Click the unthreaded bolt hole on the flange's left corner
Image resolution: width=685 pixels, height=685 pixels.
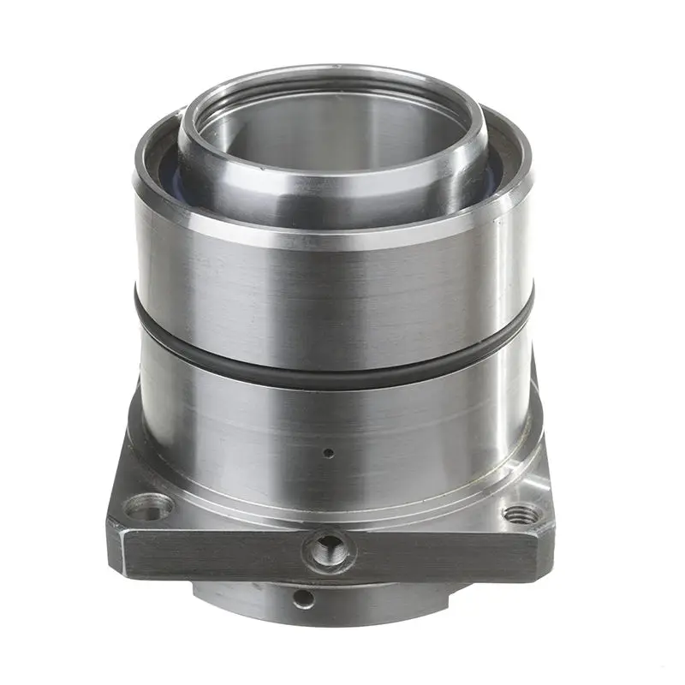click(x=148, y=511)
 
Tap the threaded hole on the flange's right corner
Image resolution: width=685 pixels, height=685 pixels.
click(x=521, y=515)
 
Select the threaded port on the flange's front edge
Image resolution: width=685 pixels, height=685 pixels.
click(x=329, y=548)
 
